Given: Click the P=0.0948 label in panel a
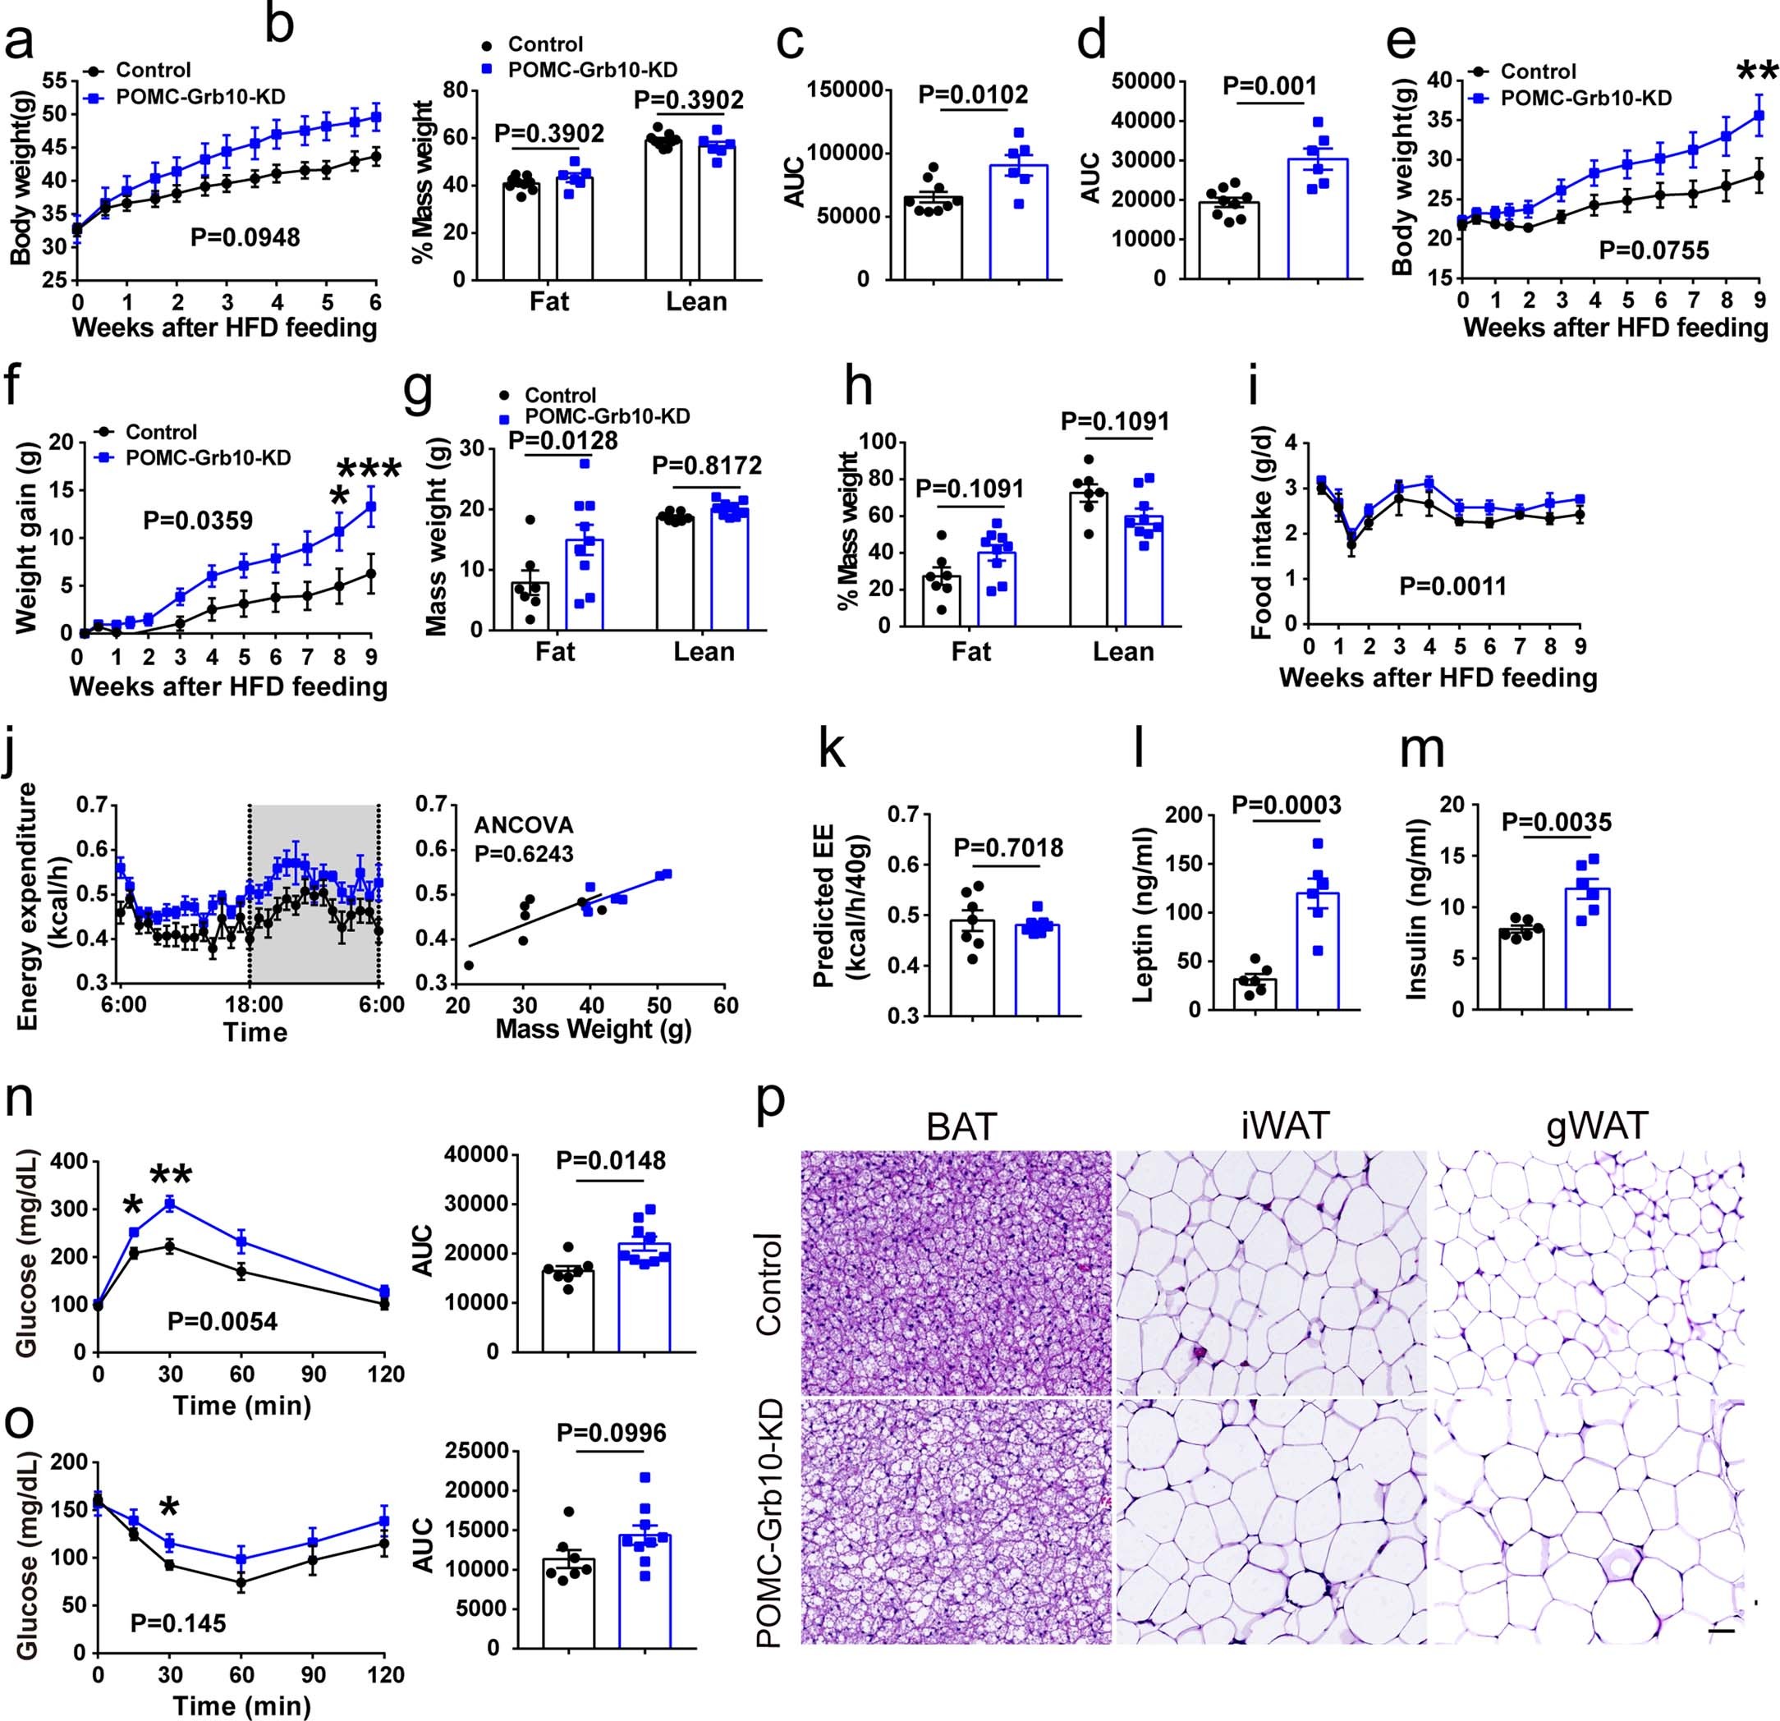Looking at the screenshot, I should (x=245, y=238).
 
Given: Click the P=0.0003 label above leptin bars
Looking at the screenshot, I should (x=1274, y=805).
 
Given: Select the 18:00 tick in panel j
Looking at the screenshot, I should (x=254, y=1005).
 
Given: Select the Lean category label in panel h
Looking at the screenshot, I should (x=1123, y=651).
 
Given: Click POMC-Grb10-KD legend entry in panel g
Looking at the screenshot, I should (x=607, y=416).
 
